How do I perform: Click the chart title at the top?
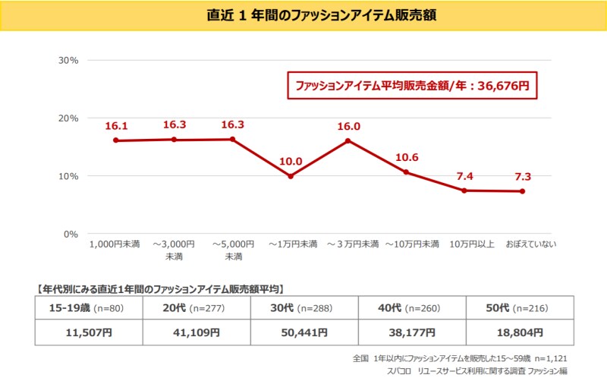click(303, 15)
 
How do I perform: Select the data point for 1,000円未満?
click(115, 140)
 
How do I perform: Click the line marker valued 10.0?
click(290, 176)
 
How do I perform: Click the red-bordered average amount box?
click(412, 86)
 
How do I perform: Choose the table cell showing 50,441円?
click(303, 332)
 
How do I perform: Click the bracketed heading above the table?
click(160, 288)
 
